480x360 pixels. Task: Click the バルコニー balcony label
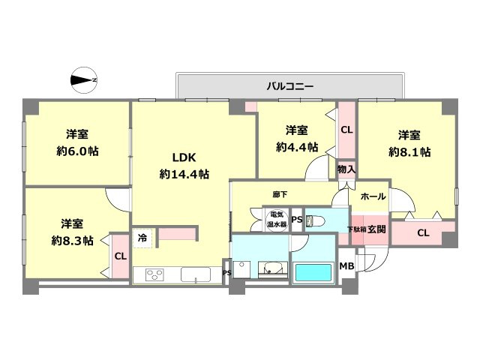click(x=289, y=86)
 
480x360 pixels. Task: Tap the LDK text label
click(x=184, y=158)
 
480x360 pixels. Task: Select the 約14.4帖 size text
click(x=184, y=174)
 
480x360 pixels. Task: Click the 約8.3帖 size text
click(x=72, y=241)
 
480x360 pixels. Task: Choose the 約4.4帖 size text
click(x=297, y=147)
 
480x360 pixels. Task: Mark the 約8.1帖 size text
click(x=409, y=151)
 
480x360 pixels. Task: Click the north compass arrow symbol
click(x=83, y=79)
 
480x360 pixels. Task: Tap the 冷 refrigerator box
click(x=142, y=238)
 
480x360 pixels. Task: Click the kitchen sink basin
click(x=196, y=274)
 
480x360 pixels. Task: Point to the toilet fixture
click(x=316, y=220)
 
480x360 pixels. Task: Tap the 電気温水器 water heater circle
click(x=277, y=220)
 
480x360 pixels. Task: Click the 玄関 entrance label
click(x=376, y=229)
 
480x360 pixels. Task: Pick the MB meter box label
click(x=346, y=266)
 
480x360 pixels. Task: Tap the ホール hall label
click(x=373, y=196)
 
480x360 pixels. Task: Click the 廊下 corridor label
click(x=281, y=193)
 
